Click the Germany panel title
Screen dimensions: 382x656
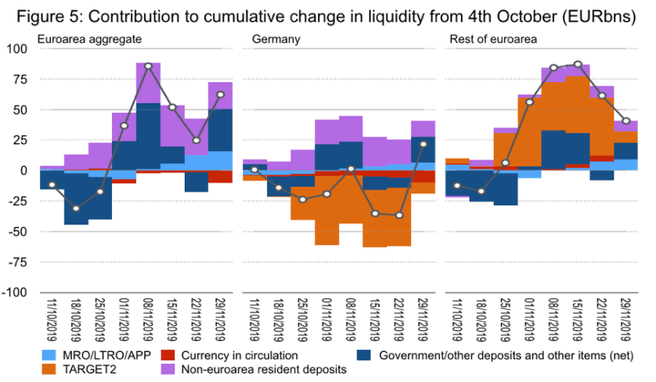click(x=272, y=38)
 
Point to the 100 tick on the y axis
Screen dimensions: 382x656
click(x=17, y=49)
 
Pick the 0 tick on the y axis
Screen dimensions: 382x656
click(x=24, y=170)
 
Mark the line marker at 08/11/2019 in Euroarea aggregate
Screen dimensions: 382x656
click(x=149, y=67)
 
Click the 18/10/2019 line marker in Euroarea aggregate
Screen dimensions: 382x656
click(x=76, y=208)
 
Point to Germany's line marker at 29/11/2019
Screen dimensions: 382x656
click(x=423, y=144)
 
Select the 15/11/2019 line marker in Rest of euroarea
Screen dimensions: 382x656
click(x=578, y=64)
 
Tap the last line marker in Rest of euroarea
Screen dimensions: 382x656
click(x=625, y=121)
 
